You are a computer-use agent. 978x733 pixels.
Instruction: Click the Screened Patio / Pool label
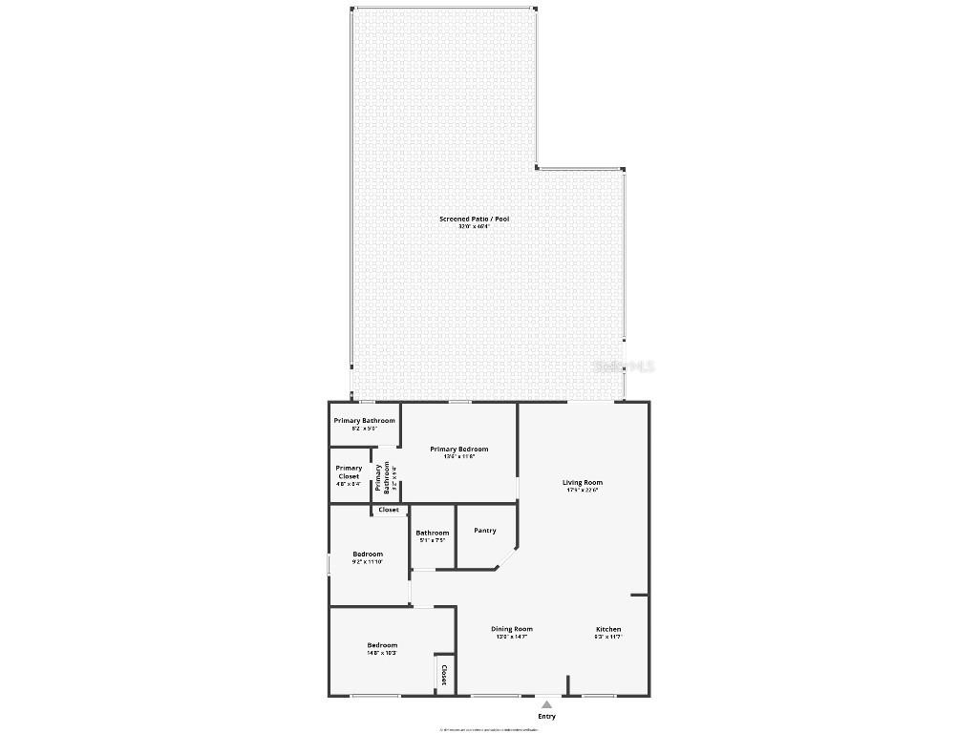pyautogui.click(x=474, y=220)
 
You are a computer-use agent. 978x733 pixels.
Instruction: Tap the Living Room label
pyautogui.click(x=582, y=483)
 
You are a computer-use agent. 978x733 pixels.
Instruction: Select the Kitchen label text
pyautogui.click(x=608, y=630)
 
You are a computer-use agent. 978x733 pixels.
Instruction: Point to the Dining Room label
pyautogui.click(x=512, y=630)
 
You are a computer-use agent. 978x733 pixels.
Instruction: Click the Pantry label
pyautogui.click(x=485, y=531)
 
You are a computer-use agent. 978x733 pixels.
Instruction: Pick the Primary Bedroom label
pyautogui.click(x=459, y=450)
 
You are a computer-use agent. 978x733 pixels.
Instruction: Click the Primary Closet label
pyautogui.click(x=349, y=472)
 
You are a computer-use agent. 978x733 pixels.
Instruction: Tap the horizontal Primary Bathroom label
pyautogui.click(x=364, y=421)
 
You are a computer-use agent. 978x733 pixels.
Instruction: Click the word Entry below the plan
pyautogui.click(x=546, y=717)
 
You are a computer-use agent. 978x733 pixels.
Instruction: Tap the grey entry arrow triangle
pyautogui.click(x=546, y=704)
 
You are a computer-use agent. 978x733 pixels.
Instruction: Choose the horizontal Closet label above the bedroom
pyautogui.click(x=389, y=510)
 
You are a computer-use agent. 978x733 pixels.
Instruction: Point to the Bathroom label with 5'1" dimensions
pyautogui.click(x=432, y=533)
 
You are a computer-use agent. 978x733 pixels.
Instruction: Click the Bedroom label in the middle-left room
pyautogui.click(x=368, y=555)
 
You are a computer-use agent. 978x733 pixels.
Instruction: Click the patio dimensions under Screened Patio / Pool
pyautogui.click(x=474, y=227)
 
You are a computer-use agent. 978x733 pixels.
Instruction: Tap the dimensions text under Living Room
pyautogui.click(x=582, y=491)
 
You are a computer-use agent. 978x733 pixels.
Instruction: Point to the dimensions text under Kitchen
pyautogui.click(x=608, y=637)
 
